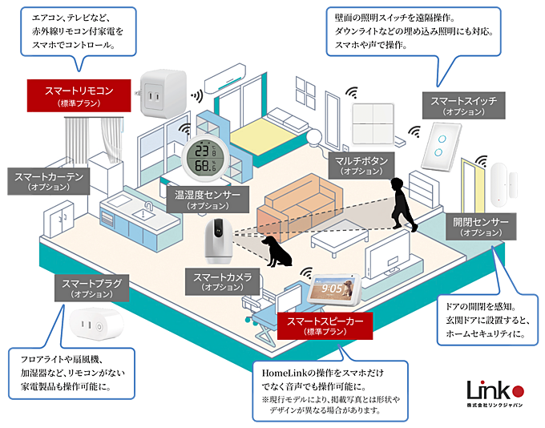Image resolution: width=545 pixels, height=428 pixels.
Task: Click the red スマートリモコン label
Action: click(79, 95)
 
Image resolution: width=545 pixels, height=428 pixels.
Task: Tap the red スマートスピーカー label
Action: click(325, 325)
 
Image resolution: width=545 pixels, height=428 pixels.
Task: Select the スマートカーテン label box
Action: click(49, 181)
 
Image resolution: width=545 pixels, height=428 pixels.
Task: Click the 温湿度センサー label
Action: click(208, 200)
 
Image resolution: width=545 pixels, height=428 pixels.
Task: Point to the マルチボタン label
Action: click(361, 165)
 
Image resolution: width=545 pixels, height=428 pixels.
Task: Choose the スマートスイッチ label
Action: click(464, 106)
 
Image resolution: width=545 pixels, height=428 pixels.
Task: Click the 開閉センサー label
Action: click(481, 227)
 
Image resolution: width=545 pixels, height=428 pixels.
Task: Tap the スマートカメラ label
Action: click(223, 281)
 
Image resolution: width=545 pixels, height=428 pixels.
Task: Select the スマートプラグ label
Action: click(91, 289)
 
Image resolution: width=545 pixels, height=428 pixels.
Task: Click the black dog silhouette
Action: click(277, 251)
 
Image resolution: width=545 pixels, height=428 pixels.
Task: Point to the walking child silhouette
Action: click(402, 204)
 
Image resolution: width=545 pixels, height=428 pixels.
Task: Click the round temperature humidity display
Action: click(205, 158)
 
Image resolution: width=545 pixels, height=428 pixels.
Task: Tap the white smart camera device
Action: click(218, 241)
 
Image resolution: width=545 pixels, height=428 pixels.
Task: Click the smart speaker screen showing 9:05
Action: click(334, 289)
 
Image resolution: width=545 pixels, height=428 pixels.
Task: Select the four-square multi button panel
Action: click(373, 124)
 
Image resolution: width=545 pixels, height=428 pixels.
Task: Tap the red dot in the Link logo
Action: click(519, 391)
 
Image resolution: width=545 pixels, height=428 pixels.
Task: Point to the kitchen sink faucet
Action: click(148, 207)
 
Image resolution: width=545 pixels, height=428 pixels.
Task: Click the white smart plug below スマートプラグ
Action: click(95, 325)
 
